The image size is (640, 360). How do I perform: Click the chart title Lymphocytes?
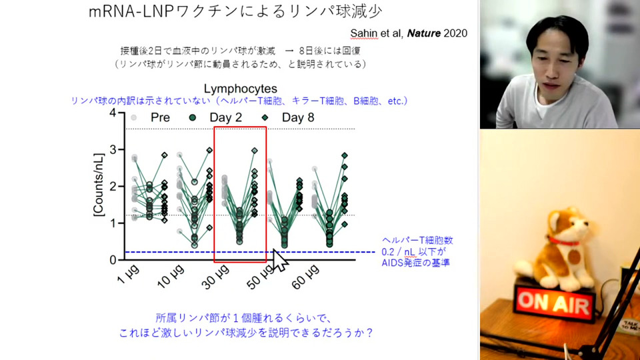[241, 89]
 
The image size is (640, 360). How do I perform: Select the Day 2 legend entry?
[215, 117]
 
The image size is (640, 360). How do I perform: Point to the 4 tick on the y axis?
[113, 113]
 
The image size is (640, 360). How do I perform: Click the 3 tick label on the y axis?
[113, 150]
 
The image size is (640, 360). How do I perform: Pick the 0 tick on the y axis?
[113, 260]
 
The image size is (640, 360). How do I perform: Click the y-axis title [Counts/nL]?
[99, 185]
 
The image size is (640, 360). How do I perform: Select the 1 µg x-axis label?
[128, 274]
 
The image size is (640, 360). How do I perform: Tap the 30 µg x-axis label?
[216, 277]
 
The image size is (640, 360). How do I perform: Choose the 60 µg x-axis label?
[306, 277]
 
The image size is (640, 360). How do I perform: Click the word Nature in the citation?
[424, 33]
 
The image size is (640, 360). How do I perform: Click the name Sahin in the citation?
[365, 33]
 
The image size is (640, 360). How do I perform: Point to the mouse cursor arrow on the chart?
[280, 261]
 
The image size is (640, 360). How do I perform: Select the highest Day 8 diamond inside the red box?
[255, 151]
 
